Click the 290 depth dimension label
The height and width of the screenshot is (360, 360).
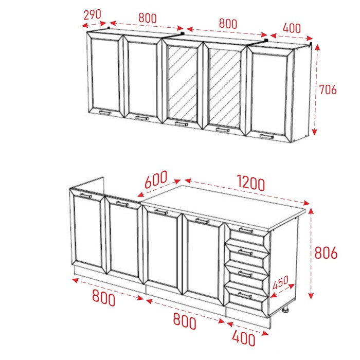coord(92,15)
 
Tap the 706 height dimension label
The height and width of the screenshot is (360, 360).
coord(328,89)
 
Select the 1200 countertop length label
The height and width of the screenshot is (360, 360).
coord(251,183)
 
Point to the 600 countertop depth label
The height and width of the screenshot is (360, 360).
coord(156,179)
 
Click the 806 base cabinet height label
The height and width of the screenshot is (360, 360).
coord(326,253)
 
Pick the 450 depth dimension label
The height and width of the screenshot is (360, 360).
coord(281,282)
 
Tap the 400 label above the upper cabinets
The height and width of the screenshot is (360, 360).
coord(292,28)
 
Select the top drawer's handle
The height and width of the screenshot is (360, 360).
coord(246,230)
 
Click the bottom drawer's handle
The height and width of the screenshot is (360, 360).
coord(245,295)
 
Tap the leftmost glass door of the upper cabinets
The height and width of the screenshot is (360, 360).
coord(182,83)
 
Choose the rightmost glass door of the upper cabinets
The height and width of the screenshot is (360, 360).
coord(225,88)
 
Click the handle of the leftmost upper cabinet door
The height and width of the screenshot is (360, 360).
coord(105,113)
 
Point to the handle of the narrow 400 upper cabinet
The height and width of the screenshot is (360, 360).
coord(267,137)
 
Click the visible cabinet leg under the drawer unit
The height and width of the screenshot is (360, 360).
coord(285,311)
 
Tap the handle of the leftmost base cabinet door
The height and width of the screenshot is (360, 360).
coord(86,196)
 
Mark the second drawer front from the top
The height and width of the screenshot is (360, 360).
coord(247,255)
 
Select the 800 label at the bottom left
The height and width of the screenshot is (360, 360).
coord(103,298)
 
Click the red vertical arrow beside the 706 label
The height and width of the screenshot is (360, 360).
coord(316,89)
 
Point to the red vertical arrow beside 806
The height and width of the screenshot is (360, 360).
coord(311,254)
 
